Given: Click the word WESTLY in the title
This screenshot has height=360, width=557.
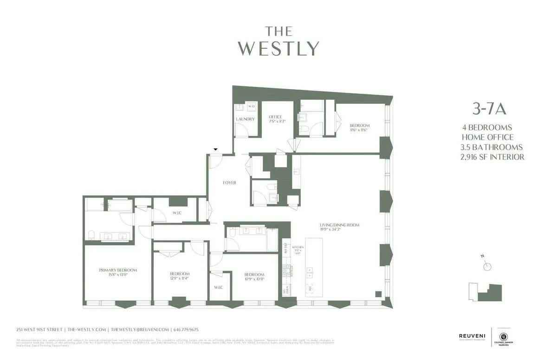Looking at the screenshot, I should [x=279, y=48].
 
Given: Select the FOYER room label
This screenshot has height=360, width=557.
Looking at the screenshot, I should [x=229, y=183].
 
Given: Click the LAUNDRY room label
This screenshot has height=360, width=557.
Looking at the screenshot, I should [x=245, y=119].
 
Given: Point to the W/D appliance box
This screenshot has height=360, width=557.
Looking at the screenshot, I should [x=252, y=107].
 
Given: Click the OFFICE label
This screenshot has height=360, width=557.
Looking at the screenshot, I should [x=275, y=117].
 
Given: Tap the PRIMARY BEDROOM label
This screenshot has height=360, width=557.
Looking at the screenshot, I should [x=118, y=270].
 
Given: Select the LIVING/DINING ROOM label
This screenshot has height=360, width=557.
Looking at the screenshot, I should [x=340, y=225].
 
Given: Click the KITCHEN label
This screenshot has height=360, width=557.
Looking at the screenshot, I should [x=298, y=247].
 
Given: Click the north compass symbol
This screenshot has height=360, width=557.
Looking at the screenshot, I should [x=486, y=265].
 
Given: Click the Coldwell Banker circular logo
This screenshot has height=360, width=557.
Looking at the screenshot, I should [x=503, y=336].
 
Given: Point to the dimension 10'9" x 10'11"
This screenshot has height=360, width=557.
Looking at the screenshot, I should [x=254, y=279].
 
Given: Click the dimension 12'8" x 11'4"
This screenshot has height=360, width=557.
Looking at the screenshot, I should [x=179, y=279].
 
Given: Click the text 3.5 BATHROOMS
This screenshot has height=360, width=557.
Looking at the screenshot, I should [x=492, y=147].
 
